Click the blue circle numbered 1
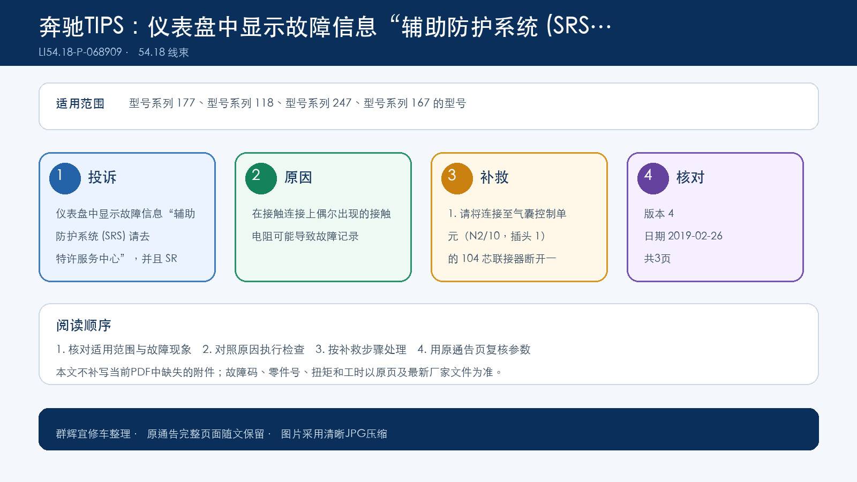[x=65, y=178]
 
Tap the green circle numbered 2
[x=261, y=178]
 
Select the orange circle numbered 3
[x=457, y=178]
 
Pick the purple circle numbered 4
[x=653, y=178]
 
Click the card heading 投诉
[x=102, y=177]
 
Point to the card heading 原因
[x=298, y=177]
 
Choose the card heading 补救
[x=494, y=177]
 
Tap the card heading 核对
[x=690, y=177]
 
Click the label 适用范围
[x=80, y=104]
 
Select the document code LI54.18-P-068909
[x=80, y=52]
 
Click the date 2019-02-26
[x=695, y=236]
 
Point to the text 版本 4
[x=659, y=214]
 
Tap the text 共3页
[x=657, y=259]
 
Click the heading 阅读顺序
[x=84, y=325]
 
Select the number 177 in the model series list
[x=185, y=103]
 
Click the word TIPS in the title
[x=104, y=26]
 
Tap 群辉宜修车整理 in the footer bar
[x=93, y=434]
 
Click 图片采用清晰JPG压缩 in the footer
[x=334, y=434]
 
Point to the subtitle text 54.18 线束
[x=163, y=52]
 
